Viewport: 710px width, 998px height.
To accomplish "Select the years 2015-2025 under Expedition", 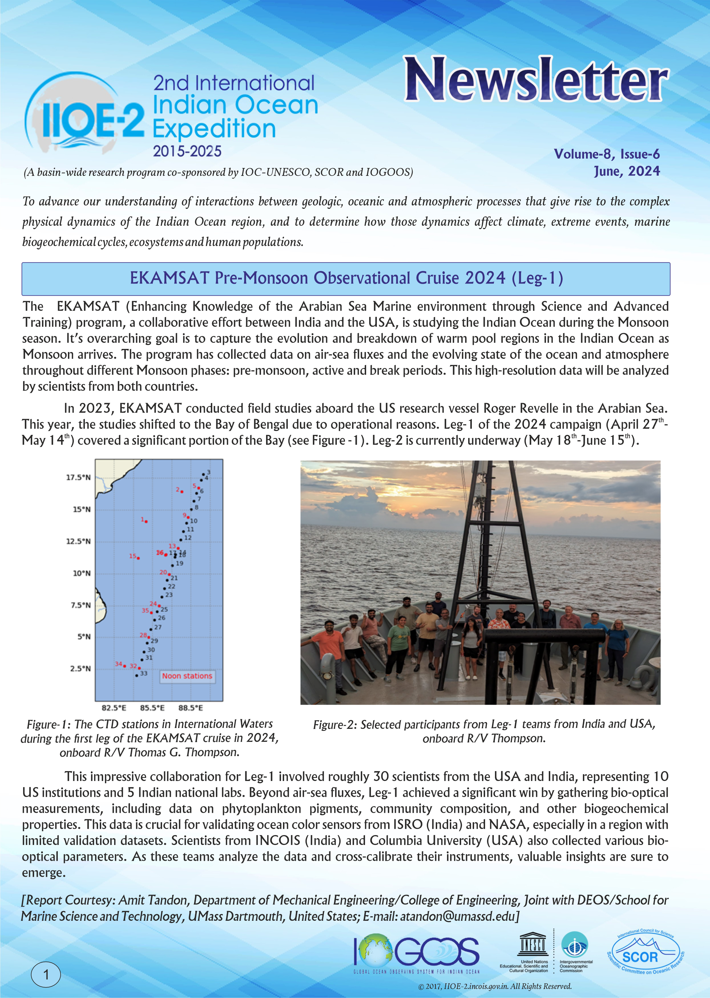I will [187, 151].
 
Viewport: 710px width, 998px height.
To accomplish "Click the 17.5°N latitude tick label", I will [78, 477].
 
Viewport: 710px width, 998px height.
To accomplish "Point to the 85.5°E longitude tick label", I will [152, 708].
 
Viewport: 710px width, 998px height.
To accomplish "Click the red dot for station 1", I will [146, 521].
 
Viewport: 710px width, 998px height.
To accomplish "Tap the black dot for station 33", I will [136, 675].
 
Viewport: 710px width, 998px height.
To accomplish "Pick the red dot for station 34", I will [125, 666].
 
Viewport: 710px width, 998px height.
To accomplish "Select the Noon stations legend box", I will [187, 676].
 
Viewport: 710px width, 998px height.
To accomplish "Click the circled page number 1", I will [45, 974].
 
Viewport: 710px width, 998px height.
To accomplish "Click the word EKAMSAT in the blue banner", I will [169, 278].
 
